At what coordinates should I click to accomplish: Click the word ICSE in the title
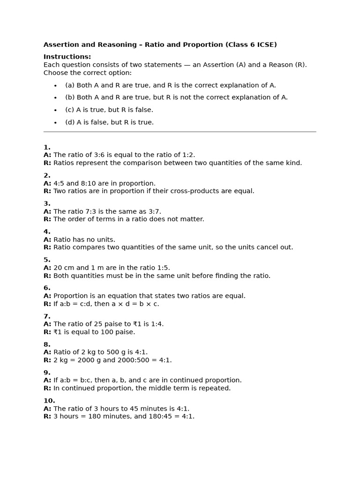tap(265, 45)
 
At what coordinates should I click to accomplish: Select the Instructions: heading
tap(67, 57)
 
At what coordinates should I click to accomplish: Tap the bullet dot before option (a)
tap(55, 86)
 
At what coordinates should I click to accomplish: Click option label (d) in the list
tap(70, 122)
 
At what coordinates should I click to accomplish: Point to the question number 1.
tap(47, 147)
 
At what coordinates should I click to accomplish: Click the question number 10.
tap(49, 401)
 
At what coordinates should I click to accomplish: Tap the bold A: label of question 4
tap(47, 240)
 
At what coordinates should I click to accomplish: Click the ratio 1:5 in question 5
tap(161, 268)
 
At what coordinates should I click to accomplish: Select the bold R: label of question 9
tap(47, 388)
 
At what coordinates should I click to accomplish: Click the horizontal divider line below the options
tap(180, 132)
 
